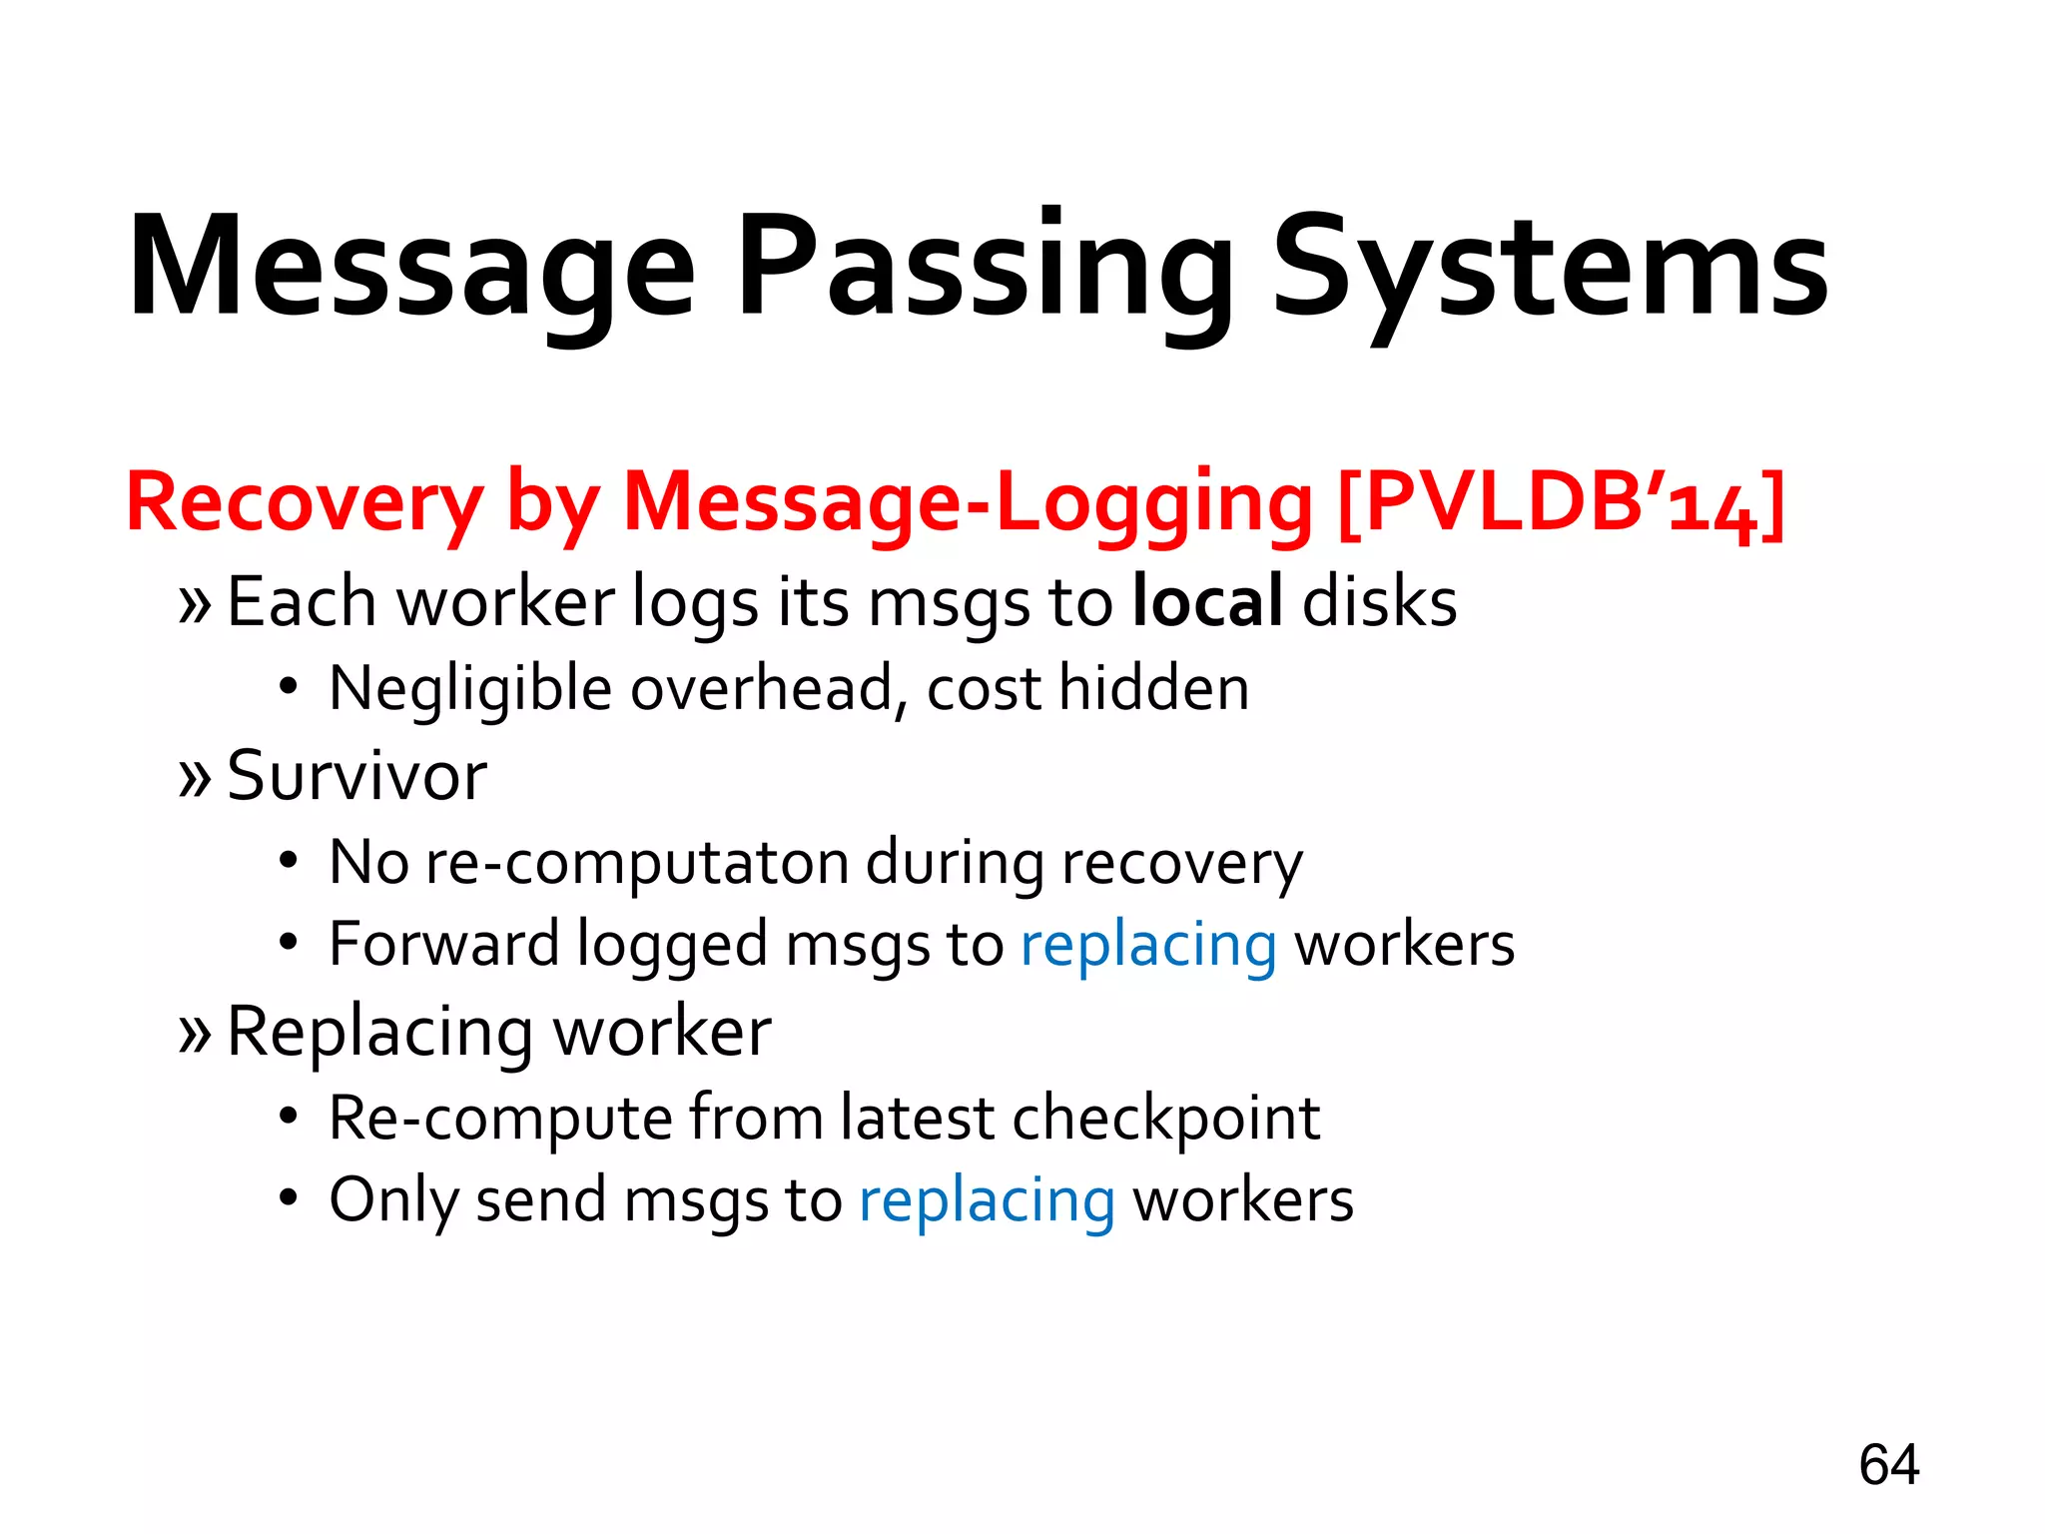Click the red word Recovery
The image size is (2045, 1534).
[305, 502]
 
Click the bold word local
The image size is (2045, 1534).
[1207, 602]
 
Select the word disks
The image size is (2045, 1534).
[1379, 602]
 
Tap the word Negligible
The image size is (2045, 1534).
[469, 689]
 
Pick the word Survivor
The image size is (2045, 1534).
[356, 775]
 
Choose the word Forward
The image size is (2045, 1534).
[444, 944]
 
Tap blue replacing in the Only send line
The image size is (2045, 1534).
[987, 1200]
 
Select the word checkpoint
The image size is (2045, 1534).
[1165, 1118]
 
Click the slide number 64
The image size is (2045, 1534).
[1888, 1465]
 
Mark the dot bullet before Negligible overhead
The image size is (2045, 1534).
[289, 688]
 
